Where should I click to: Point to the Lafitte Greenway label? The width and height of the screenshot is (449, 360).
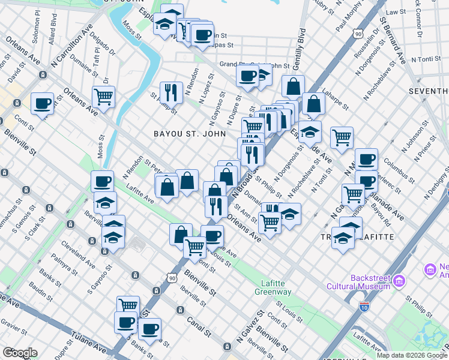coord(276,288)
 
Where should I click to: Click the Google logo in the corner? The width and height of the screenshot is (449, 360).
coord(20,353)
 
